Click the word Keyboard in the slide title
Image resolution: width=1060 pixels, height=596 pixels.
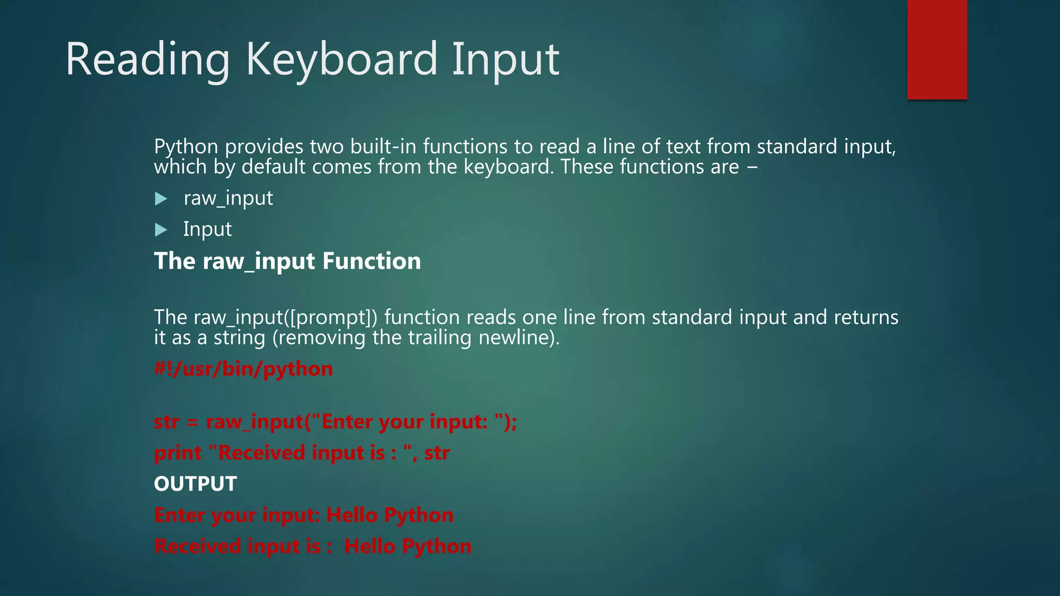[342, 59]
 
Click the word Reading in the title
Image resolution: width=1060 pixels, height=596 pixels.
[148, 59]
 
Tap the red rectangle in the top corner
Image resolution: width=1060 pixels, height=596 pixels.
[937, 49]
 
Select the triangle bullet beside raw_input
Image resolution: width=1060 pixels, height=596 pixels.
[161, 199]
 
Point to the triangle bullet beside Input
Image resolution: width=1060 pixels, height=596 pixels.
[161, 230]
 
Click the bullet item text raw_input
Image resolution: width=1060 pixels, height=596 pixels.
[228, 198]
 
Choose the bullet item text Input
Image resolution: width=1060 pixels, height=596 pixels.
[207, 229]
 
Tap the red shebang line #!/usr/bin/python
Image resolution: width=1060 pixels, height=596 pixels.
[243, 369]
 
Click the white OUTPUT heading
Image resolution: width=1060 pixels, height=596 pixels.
[195, 484]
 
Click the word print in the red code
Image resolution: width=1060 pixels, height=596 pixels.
[178, 453]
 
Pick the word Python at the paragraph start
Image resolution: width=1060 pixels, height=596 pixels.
[186, 147]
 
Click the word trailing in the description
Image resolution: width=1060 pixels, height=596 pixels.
[439, 337]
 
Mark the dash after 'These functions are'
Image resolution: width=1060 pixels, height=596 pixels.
[752, 167]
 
